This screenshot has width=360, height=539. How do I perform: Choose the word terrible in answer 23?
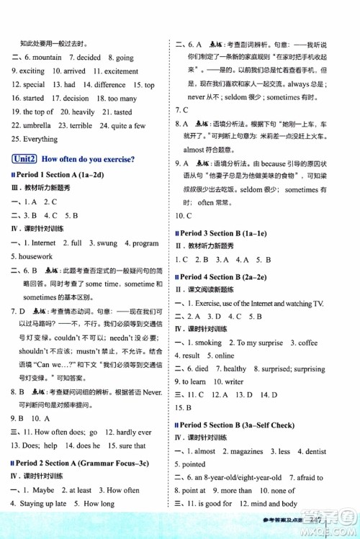(81, 125)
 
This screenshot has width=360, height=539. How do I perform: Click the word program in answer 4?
(145, 243)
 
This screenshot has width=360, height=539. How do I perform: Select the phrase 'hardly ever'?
(134, 432)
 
